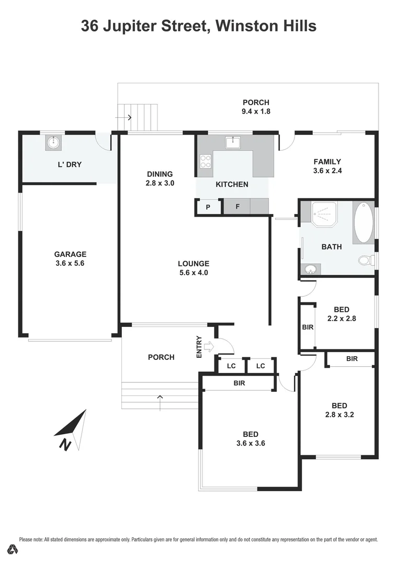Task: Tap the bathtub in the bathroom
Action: tap(363, 222)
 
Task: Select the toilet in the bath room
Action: tap(366, 260)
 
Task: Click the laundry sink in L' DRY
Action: tap(53, 142)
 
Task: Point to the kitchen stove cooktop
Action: tap(205, 162)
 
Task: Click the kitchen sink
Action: tap(233, 142)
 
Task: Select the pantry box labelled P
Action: tap(208, 207)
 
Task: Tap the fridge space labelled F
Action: tap(237, 207)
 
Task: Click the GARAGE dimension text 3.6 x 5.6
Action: tap(70, 264)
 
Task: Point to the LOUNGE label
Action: tap(194, 264)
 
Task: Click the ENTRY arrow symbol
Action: tap(208, 346)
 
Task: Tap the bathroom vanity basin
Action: tap(311, 269)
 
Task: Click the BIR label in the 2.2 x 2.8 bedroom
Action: tap(308, 327)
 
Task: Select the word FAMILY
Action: tap(327, 162)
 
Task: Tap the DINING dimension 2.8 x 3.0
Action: tap(160, 183)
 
